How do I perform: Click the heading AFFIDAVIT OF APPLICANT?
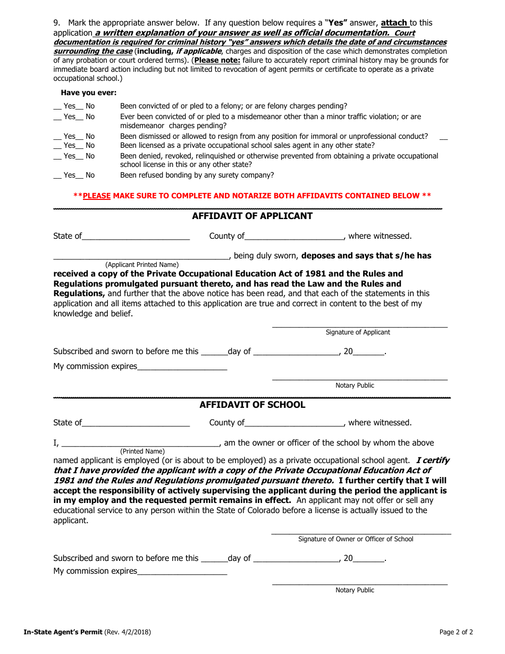[252, 216]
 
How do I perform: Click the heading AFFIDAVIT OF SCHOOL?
[252, 405]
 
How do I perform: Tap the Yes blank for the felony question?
[57, 106]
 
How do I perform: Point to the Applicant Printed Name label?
[142, 265]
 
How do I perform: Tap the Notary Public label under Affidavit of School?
[355, 590]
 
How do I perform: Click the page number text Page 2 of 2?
[456, 632]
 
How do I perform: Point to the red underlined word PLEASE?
[97, 196]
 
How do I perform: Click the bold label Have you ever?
[89, 93]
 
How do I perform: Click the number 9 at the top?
[56, 23]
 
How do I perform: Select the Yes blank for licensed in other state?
[57, 146]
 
